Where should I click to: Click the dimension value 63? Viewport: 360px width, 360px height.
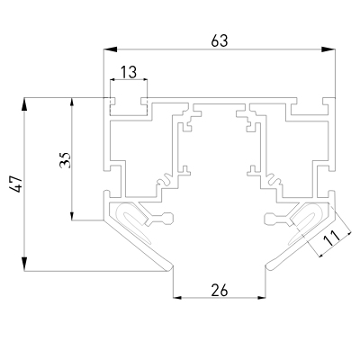coord(220,40)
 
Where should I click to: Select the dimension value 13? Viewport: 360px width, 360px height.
coord(129,72)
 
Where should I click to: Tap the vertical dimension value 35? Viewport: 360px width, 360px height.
coord(65,160)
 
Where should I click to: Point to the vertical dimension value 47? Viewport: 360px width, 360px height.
coord(16,184)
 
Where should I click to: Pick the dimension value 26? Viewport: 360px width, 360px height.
coord(220,290)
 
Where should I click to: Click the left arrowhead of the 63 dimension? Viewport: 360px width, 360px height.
coord(110,49)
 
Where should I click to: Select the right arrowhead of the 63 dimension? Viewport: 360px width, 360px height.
coord(328,49)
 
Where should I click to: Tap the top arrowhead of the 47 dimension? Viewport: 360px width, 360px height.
coord(24,104)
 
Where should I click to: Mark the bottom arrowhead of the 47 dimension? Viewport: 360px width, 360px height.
coord(24,265)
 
